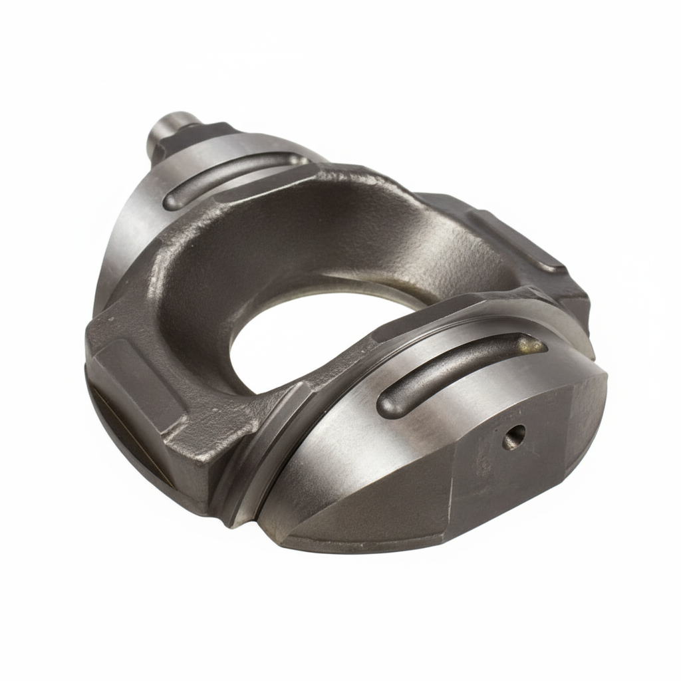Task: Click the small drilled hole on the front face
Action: [513, 437]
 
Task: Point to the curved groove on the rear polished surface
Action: [233, 176]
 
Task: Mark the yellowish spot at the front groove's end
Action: [532, 344]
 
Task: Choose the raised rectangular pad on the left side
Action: [136, 379]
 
